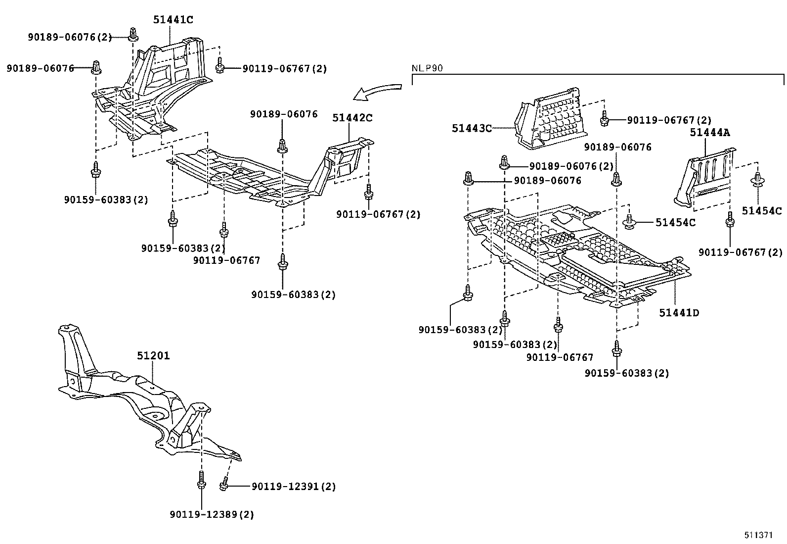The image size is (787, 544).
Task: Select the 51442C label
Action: (x=352, y=118)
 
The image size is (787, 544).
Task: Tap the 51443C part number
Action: (x=472, y=128)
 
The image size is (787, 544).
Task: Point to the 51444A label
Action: (x=710, y=132)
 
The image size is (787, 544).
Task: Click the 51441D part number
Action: (x=679, y=313)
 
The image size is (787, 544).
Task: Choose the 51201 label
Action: (x=153, y=356)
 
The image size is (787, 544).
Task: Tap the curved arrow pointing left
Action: (x=379, y=91)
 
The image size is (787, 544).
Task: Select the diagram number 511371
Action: (x=758, y=535)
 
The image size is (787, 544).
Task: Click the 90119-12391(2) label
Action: (x=293, y=487)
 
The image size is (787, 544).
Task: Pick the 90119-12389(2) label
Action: (x=211, y=515)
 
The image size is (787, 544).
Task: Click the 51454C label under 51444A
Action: (x=761, y=211)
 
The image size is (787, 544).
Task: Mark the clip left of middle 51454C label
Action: (x=630, y=222)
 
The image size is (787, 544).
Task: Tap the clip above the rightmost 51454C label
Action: (x=757, y=181)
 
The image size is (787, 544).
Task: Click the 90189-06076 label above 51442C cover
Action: (x=284, y=114)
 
